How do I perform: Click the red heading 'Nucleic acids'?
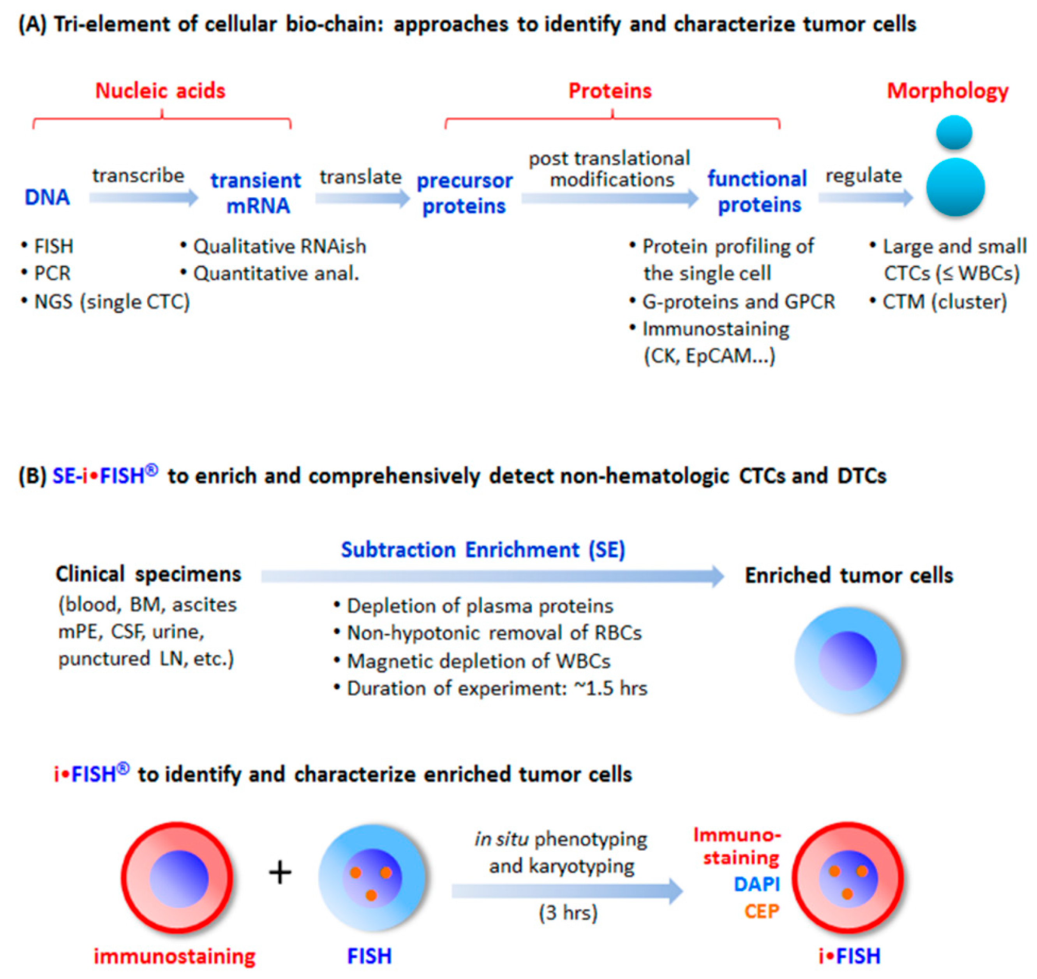click(x=160, y=91)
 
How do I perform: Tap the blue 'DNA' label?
click(x=47, y=197)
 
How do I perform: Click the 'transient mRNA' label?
click(x=256, y=193)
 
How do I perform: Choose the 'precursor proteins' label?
click(x=464, y=194)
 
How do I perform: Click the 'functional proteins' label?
click(x=757, y=192)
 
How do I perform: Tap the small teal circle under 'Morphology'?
click(x=954, y=132)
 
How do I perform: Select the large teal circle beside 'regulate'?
click(x=956, y=187)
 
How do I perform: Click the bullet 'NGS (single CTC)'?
click(x=106, y=302)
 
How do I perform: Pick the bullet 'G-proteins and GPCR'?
click(x=732, y=302)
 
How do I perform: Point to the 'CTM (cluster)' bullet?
click(x=938, y=302)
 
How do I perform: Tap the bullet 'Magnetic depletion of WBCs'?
click(x=472, y=661)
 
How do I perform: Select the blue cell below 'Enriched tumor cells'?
click(x=848, y=660)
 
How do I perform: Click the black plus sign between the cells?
click(x=280, y=872)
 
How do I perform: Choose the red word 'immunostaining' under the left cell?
click(x=174, y=956)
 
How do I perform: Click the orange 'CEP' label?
click(x=762, y=911)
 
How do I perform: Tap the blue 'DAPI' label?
click(x=757, y=884)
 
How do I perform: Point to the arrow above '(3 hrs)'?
click(x=567, y=891)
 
